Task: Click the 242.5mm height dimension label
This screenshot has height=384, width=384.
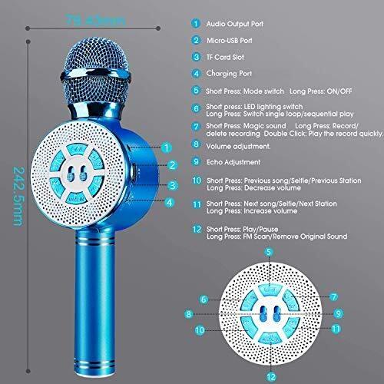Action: [18, 197]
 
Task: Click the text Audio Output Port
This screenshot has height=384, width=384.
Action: [235, 24]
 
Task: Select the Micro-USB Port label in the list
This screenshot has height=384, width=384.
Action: [230, 41]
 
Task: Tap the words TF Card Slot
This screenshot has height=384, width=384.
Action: [225, 57]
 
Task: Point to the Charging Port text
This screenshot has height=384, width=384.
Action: [229, 74]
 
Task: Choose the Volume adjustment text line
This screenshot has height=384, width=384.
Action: [238, 147]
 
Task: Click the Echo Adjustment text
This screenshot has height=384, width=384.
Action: [233, 162]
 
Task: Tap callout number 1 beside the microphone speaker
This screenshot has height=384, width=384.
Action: [167, 147]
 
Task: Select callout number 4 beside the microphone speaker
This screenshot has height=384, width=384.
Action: [169, 203]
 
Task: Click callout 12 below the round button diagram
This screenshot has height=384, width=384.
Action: [271, 376]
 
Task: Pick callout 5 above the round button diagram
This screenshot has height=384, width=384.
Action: [269, 252]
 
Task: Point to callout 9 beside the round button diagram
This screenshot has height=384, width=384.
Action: [339, 313]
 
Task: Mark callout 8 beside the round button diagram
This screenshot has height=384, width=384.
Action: [189, 314]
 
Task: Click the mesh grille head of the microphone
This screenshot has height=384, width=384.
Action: [95, 71]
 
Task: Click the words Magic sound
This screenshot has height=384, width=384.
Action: [264, 126]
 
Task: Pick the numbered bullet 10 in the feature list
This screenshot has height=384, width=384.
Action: [197, 180]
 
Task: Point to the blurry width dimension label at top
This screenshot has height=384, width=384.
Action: [95, 20]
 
